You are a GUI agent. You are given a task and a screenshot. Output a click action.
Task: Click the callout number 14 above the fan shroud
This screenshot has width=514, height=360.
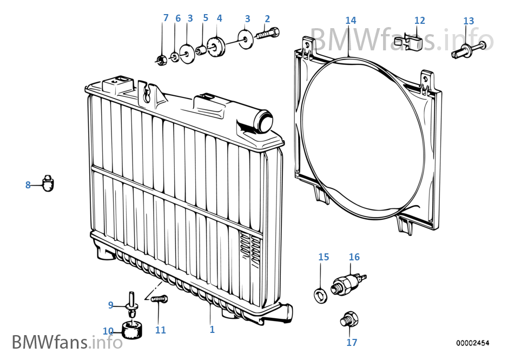[x=351, y=21]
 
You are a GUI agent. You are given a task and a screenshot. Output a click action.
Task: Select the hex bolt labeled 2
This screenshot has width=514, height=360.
[x=268, y=33]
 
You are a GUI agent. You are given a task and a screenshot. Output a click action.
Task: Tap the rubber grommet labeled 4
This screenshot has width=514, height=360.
[x=216, y=46]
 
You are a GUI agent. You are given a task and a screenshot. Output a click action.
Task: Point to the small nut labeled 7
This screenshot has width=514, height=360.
[x=160, y=60]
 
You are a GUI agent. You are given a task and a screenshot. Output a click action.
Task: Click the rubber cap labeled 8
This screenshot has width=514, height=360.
[x=48, y=184]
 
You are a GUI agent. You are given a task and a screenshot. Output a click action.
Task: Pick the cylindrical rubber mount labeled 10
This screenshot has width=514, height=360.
[x=132, y=330]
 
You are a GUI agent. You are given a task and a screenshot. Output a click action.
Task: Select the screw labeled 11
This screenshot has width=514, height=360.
[x=160, y=299]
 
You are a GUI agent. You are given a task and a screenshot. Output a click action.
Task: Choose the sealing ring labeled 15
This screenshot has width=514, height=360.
[x=321, y=295]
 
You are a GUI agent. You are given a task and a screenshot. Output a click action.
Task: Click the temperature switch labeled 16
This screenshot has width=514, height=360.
[x=348, y=283]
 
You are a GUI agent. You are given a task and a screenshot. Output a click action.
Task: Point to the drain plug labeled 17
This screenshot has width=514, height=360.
[x=349, y=319]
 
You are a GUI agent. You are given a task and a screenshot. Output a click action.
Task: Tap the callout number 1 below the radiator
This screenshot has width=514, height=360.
[x=212, y=329]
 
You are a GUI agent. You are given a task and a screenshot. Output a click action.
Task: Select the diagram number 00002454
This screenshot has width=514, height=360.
[x=472, y=343]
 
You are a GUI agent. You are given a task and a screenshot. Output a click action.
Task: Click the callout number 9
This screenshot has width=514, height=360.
[x=111, y=305]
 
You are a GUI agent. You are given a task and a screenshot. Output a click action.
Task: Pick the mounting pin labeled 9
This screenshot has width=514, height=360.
[x=132, y=305]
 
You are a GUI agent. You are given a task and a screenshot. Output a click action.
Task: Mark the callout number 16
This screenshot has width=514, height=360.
[x=354, y=257]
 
